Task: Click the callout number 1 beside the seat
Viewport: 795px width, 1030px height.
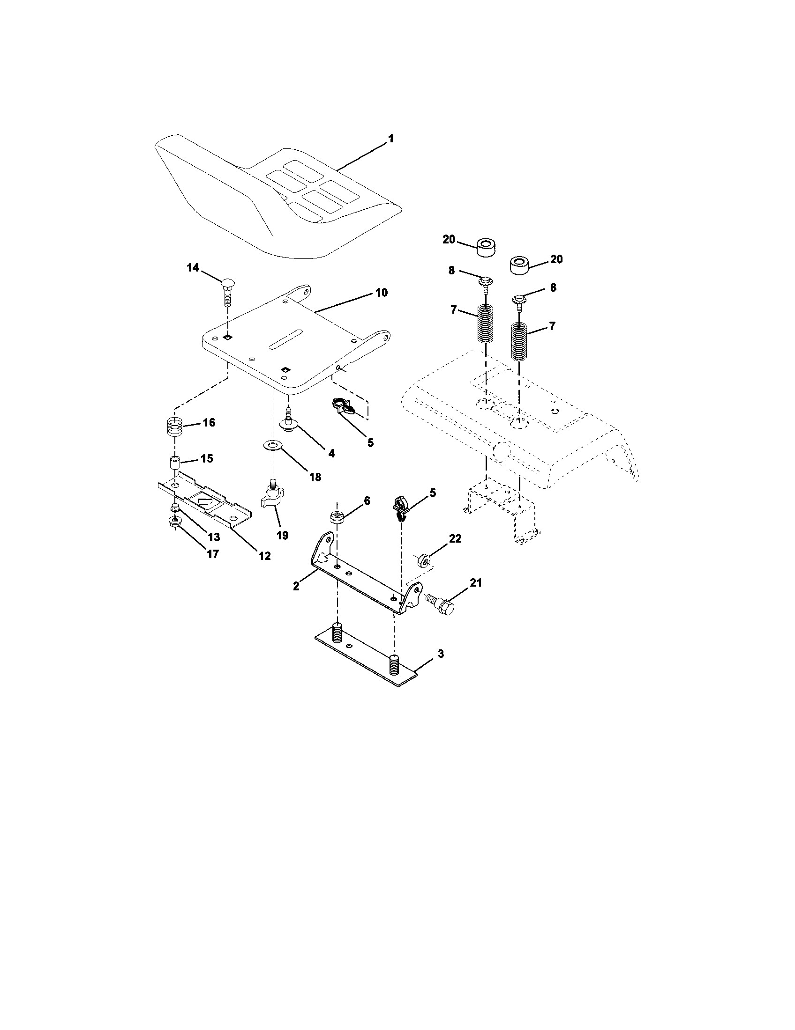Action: point(390,139)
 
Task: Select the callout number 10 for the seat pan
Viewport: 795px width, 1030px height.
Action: point(382,293)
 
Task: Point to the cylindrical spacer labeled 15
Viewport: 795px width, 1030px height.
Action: point(176,462)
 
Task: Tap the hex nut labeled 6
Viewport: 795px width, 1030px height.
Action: point(337,518)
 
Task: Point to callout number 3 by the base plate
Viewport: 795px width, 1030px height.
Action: point(440,654)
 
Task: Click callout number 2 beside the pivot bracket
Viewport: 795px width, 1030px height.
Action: point(296,587)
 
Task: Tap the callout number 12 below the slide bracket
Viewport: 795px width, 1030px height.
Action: point(264,556)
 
